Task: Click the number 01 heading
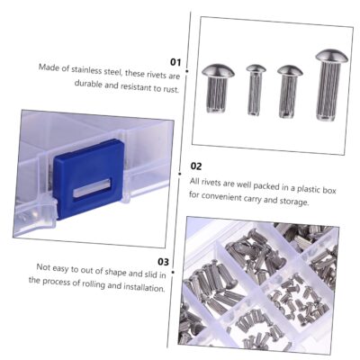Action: point(175,62)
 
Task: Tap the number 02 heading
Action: point(196,166)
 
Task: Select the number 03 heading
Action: point(164,262)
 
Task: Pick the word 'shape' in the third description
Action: point(116,273)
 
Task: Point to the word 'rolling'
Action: point(94,284)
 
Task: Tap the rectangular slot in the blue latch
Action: point(92,188)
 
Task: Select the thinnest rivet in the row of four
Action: point(256,90)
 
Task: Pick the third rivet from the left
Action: point(290,92)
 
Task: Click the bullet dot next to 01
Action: point(187,71)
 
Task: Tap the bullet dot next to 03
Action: point(173,273)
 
